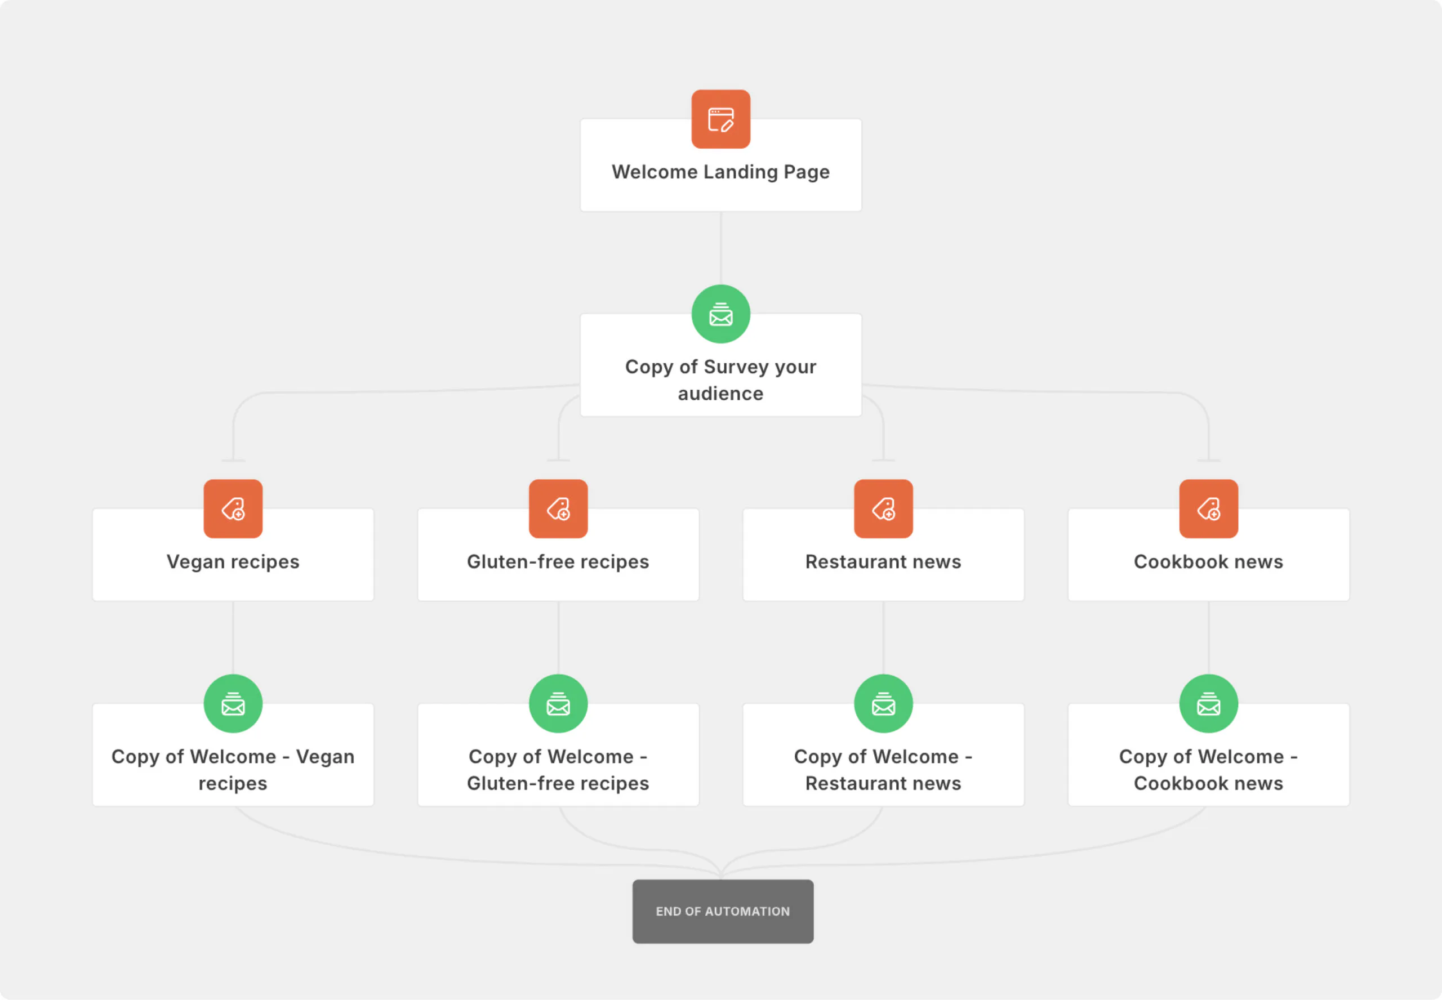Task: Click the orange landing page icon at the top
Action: [x=720, y=119]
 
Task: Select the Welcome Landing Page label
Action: [x=720, y=172]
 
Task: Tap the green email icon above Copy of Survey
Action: [x=720, y=314]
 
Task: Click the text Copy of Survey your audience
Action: [x=720, y=380]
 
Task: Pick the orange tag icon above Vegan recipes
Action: [x=233, y=509]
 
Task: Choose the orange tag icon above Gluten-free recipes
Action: [x=558, y=509]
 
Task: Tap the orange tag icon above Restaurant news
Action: [x=884, y=509]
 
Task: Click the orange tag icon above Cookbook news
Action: [x=1209, y=509]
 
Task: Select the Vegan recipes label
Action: [x=233, y=562]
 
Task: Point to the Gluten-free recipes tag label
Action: [x=558, y=562]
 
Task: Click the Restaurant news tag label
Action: [x=884, y=561]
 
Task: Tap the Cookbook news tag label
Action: [x=1209, y=561]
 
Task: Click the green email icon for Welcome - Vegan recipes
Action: [x=233, y=704]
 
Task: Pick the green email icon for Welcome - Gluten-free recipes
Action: [x=558, y=704]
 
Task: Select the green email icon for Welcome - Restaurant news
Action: [x=884, y=704]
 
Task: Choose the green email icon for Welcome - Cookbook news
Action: [x=1209, y=704]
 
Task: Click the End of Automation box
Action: [x=723, y=912]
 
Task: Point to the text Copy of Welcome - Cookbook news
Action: [x=1209, y=770]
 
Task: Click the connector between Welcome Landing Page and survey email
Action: [x=720, y=248]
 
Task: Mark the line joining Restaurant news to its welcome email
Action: [x=884, y=638]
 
